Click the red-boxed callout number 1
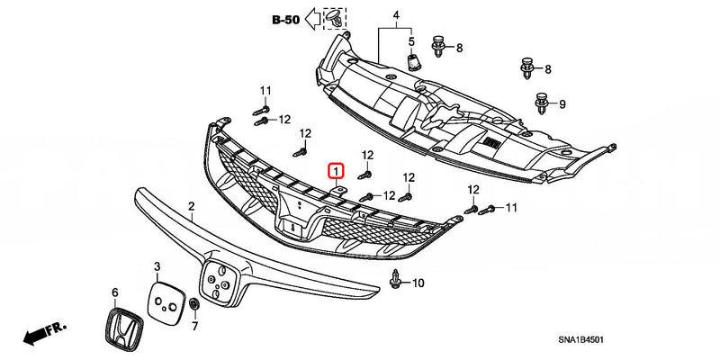[x=335, y=170]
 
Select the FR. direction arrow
[x=37, y=335]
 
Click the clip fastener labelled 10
[x=395, y=281]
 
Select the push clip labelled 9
[x=542, y=104]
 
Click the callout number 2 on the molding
[x=191, y=207]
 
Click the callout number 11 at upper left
[x=265, y=91]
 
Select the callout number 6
[x=114, y=292]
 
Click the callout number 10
[x=418, y=283]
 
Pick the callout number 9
[x=563, y=105]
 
